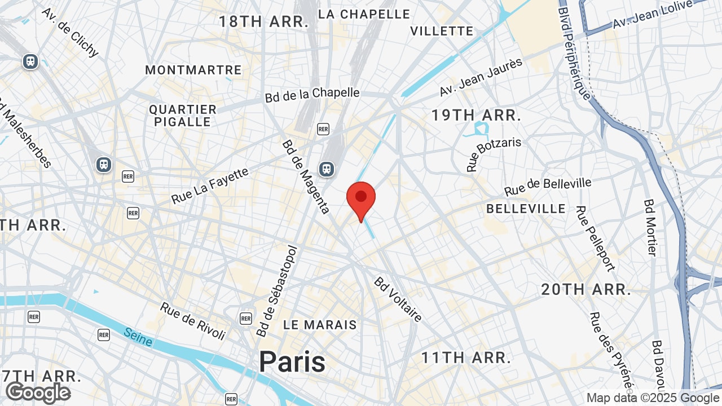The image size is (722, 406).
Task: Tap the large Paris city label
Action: point(292,361)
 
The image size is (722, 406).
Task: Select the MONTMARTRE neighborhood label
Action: point(193,70)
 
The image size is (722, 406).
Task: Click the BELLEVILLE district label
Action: point(526,209)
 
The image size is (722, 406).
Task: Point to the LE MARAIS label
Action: point(320,325)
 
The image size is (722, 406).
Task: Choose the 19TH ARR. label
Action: point(476,116)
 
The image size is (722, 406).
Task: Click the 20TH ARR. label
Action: point(586,290)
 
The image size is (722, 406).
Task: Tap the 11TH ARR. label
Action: point(466,358)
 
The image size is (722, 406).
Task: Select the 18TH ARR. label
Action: point(264,22)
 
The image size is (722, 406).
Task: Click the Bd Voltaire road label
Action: point(398,299)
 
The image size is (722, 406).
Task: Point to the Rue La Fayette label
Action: point(210,186)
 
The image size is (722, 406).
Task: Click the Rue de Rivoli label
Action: point(193,321)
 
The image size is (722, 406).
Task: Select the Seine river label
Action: point(138,337)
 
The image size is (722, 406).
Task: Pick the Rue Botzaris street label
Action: point(494,154)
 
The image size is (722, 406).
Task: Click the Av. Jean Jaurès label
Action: point(481,77)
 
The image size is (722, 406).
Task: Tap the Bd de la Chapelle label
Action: point(312,95)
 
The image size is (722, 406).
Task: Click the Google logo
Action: point(38,393)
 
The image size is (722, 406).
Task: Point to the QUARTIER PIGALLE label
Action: point(183,116)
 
